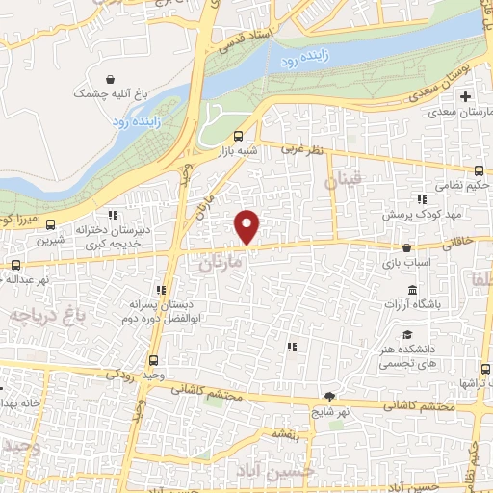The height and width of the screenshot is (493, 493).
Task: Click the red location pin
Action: pyautogui.click(x=247, y=227)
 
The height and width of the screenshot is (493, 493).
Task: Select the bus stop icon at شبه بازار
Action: pyautogui.click(x=239, y=135)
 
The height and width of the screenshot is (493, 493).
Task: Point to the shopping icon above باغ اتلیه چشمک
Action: pyautogui.click(x=113, y=79)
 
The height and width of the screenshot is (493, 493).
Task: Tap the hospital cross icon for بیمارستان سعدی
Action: pyautogui.click(x=467, y=97)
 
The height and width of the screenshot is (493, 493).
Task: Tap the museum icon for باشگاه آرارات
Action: pyautogui.click(x=412, y=292)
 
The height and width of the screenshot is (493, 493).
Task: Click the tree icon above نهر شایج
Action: pyautogui.click(x=330, y=396)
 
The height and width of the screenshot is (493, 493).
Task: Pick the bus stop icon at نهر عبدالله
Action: pyautogui.click(x=15, y=264)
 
